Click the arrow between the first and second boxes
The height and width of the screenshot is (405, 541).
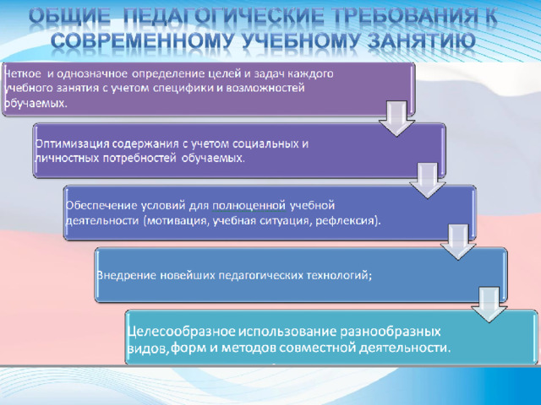coord(396,118)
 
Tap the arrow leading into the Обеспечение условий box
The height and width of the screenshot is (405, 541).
coord(428,180)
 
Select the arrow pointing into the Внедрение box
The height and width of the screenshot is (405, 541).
coord(458,242)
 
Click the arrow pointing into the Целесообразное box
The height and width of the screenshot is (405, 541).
coord(489,305)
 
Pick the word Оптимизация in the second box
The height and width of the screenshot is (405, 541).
coord(72,144)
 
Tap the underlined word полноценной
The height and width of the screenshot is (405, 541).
coord(249,206)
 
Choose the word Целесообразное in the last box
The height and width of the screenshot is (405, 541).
coord(182,332)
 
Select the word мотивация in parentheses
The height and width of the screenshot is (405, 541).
coord(178,221)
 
